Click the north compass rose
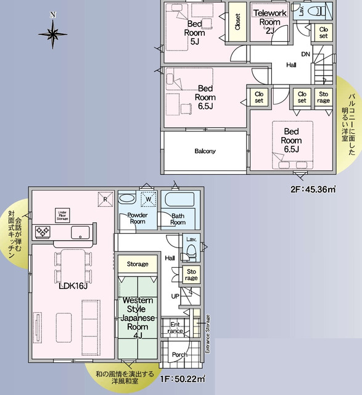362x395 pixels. pos(54,31)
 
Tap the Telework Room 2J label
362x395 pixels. pos(269,21)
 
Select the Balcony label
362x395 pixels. pos(205,151)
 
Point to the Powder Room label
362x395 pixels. pos(137,218)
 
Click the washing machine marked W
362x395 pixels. pos(149,199)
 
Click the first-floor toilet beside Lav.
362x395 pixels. pos(191,250)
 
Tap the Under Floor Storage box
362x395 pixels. pos(62,214)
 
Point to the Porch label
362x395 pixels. pos(180,355)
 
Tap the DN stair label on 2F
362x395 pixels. pos(305,54)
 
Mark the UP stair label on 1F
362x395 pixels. pos(175,296)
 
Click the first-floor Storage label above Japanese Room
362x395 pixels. pos(138,264)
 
